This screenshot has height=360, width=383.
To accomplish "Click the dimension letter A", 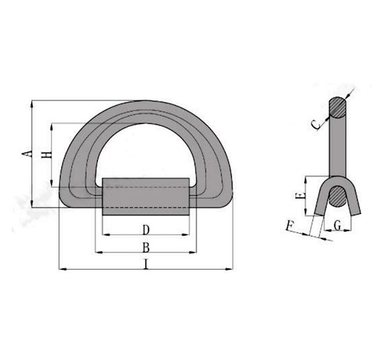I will click(26, 154).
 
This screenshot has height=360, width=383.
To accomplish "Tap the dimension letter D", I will click(146, 229).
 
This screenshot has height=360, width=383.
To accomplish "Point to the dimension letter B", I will click(146, 247).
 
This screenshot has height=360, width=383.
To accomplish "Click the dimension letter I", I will click(146, 264).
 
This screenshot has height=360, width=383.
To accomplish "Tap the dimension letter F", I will click(292, 224).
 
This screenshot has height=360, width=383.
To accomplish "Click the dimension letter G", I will click(337, 224).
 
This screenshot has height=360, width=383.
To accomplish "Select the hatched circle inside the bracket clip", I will click(337, 197).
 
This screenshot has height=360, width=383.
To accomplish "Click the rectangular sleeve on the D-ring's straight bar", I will click(146, 197).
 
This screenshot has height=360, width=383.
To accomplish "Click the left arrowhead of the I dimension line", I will click(62, 269).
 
